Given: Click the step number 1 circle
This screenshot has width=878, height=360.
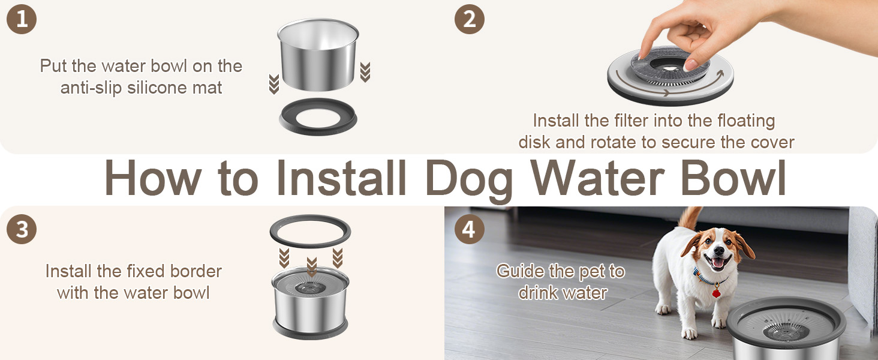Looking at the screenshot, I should click(x=22, y=19).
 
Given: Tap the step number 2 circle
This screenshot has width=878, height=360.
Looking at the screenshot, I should click(x=470, y=19).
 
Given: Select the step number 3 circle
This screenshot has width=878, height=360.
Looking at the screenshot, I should click(x=22, y=230).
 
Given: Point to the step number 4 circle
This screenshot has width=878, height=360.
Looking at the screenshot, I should click(x=470, y=230).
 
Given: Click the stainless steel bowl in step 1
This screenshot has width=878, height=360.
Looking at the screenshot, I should click(x=318, y=55).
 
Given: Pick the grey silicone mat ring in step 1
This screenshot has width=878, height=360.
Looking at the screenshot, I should click(x=318, y=116).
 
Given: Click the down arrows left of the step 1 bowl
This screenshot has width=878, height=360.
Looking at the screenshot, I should click(x=274, y=83).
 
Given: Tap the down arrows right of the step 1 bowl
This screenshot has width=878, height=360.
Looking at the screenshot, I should click(x=365, y=72).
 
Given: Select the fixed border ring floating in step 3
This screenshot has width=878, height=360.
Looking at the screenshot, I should click(x=310, y=231).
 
